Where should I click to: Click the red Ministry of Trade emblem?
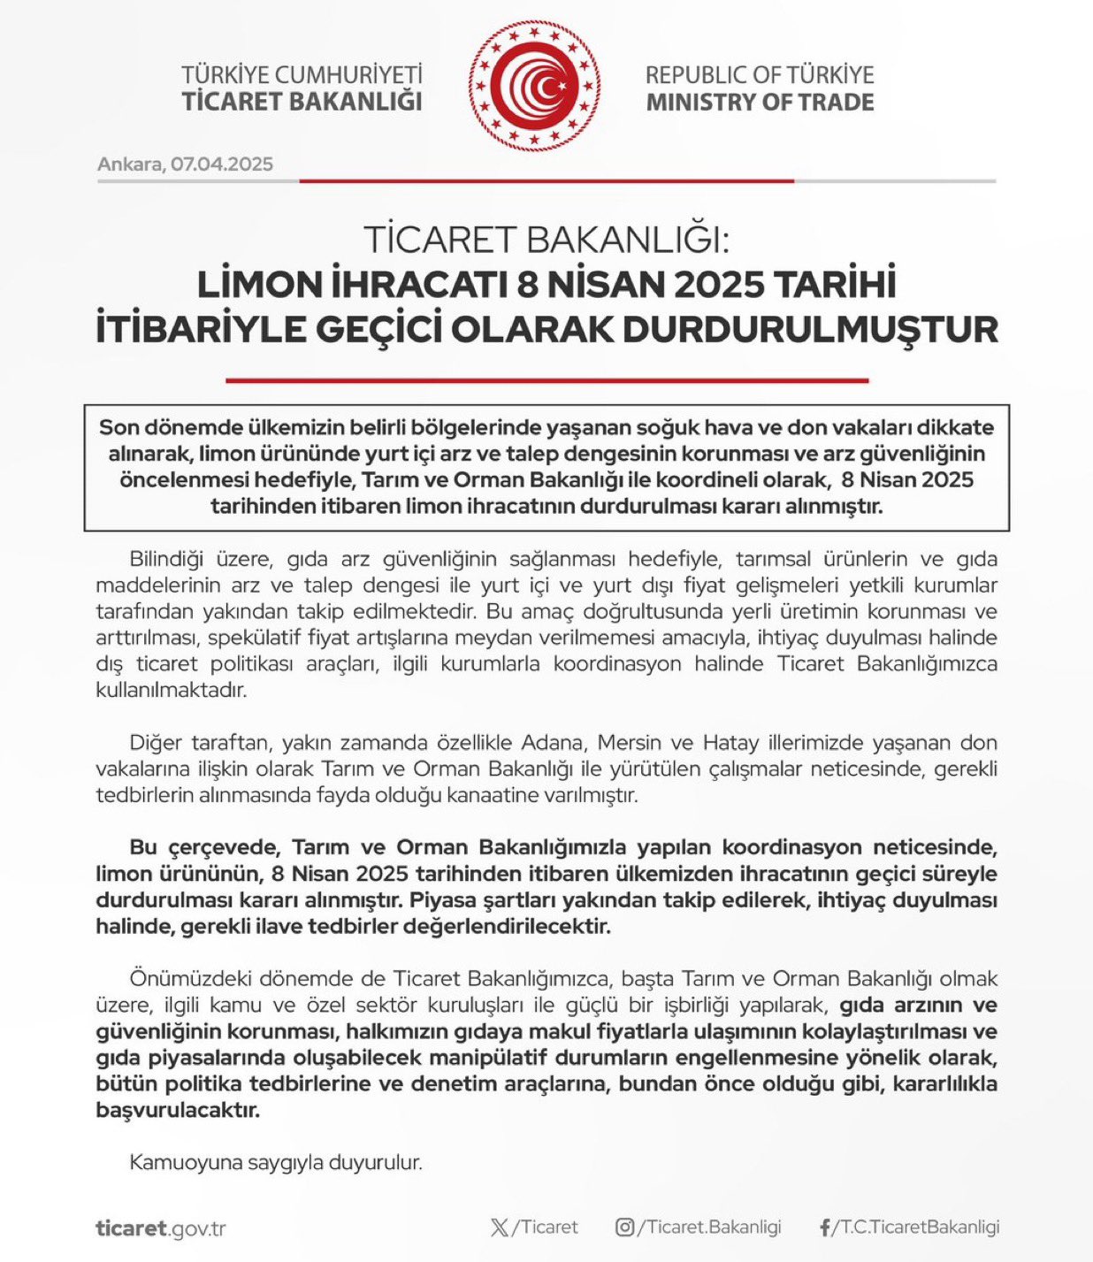(x=534, y=86)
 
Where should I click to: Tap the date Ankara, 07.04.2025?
(x=185, y=164)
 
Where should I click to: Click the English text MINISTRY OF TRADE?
(x=760, y=103)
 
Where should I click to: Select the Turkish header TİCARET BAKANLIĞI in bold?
(x=302, y=102)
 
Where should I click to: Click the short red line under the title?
(x=546, y=380)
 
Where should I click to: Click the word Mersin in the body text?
(x=629, y=742)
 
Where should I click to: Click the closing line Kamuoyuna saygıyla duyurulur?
(x=276, y=1162)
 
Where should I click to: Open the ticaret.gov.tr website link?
(x=161, y=1228)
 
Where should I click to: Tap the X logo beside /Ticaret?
(x=500, y=1228)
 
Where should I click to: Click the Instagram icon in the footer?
(x=624, y=1228)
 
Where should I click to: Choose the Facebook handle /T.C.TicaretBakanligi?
(x=916, y=1228)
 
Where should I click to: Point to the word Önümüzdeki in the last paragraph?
(x=189, y=979)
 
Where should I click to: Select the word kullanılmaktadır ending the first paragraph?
(x=172, y=690)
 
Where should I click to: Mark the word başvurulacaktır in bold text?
(x=178, y=1111)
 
